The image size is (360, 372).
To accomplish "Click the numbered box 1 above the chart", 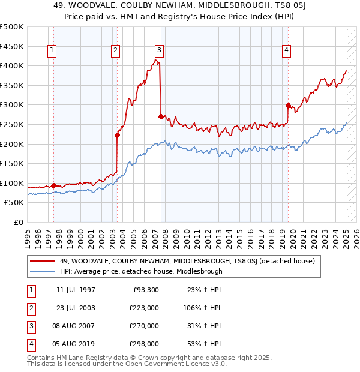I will [x=53, y=51].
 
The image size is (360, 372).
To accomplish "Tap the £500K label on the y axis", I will [x=12, y=27].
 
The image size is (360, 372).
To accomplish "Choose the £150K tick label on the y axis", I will [x=12, y=163].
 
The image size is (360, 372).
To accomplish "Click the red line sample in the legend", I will [x=43, y=260].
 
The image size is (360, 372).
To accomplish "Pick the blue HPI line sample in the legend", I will [x=43, y=271].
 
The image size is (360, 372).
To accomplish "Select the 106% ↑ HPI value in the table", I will [x=201, y=308].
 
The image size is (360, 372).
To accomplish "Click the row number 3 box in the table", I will [x=30, y=326].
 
